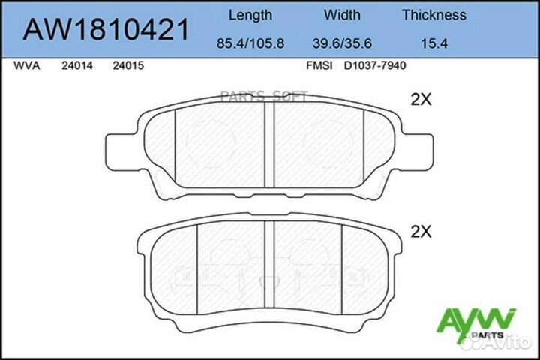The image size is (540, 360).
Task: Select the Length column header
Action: pyautogui.click(x=250, y=15)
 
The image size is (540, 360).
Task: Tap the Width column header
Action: pyautogui.click(x=342, y=15)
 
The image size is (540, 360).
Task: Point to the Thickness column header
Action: pyautogui.click(x=433, y=15)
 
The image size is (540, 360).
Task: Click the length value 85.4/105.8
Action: pyautogui.click(x=250, y=44)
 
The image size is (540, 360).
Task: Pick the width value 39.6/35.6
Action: pyautogui.click(x=342, y=44)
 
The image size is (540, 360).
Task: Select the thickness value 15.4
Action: pyautogui.click(x=433, y=44)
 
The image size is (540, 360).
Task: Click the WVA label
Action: pyautogui.click(x=28, y=66)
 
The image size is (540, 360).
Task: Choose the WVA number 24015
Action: pyautogui.click(x=127, y=66)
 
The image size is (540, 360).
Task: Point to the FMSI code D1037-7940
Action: pyautogui.click(x=374, y=66)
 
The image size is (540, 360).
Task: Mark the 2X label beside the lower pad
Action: pyautogui.click(x=421, y=232)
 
